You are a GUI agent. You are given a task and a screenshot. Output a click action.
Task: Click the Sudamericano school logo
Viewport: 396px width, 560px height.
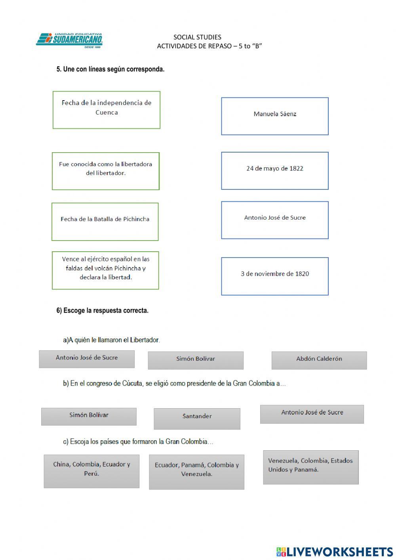click(x=70, y=40)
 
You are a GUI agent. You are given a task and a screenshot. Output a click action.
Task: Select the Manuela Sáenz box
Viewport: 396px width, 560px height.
click(x=275, y=116)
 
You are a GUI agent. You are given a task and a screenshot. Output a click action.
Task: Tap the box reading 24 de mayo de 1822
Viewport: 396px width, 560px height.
click(x=275, y=170)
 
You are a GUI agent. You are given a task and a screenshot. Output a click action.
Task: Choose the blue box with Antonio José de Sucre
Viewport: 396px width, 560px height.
click(x=275, y=220)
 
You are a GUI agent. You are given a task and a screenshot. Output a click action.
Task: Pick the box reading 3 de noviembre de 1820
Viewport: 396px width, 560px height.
click(x=275, y=276)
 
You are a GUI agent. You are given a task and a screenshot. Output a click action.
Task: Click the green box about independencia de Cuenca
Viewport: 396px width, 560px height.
click(x=107, y=110)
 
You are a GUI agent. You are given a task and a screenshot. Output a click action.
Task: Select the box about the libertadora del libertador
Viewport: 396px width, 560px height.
click(x=106, y=171)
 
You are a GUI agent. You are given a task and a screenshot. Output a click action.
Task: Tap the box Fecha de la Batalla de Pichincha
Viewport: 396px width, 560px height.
click(x=105, y=222)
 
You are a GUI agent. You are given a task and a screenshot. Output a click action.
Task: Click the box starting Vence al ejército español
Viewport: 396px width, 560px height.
click(x=105, y=270)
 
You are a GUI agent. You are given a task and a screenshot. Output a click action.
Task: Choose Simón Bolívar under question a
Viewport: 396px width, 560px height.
click(x=196, y=360)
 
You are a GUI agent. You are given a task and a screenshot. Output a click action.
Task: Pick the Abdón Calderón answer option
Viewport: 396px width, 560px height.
click(x=319, y=360)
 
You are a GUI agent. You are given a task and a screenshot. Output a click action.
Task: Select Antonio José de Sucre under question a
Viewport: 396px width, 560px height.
click(x=87, y=359)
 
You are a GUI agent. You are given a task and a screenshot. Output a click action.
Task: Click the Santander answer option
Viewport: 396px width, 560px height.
click(x=197, y=419)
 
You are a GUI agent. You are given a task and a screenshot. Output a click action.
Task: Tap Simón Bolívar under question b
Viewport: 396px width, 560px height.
click(x=89, y=417)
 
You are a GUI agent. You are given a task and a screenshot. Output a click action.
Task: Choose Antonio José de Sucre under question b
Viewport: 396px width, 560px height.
click(x=312, y=414)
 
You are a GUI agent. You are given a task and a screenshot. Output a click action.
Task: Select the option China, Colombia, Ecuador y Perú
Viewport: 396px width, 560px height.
click(x=91, y=471)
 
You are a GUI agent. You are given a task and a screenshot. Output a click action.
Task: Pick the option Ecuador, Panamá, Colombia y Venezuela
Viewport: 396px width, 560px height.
click(x=196, y=472)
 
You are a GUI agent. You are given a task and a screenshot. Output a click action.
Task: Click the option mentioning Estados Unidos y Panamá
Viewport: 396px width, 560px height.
click(x=311, y=467)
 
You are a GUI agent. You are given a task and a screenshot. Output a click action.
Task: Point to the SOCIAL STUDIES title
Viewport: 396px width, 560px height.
click(x=197, y=37)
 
